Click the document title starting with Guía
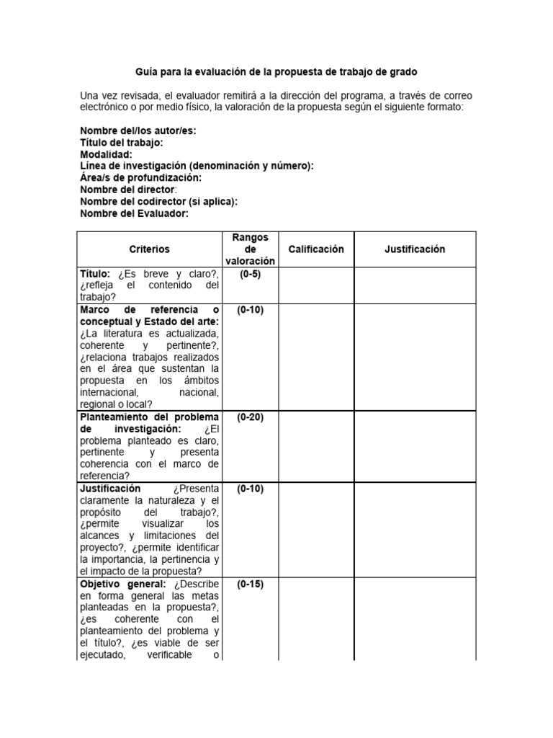click(x=276, y=73)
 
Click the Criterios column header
click(x=150, y=249)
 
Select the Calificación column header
click(x=316, y=249)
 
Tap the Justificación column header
click(x=415, y=249)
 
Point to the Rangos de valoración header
click(x=250, y=249)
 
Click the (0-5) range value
click(x=250, y=275)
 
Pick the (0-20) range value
click(x=250, y=417)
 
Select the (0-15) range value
click(x=250, y=584)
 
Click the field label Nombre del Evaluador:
click(x=134, y=213)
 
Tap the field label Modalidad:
click(x=106, y=154)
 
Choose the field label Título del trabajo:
click(x=126, y=143)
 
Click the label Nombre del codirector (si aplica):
click(x=158, y=202)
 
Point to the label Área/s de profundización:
click(x=140, y=178)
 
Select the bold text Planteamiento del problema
click(x=149, y=417)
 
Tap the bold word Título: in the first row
click(x=95, y=275)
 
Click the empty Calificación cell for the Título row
click(x=316, y=285)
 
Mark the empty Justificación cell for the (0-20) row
click(x=415, y=446)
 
